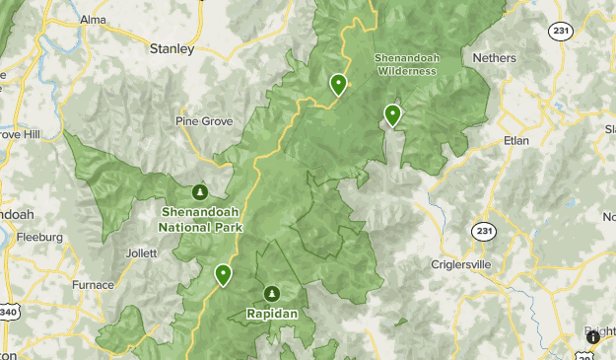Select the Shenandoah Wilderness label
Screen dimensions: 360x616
click(x=405, y=63)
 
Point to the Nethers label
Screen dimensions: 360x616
click(x=494, y=58)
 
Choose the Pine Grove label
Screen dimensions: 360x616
click(x=205, y=121)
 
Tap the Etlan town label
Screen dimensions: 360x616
click(x=516, y=140)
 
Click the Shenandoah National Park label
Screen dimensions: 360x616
click(x=200, y=219)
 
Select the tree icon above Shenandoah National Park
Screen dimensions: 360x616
click(x=200, y=191)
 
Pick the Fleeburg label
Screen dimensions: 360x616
click(x=39, y=237)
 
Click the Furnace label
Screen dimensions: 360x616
click(x=93, y=285)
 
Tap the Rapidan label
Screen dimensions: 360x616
click(x=271, y=314)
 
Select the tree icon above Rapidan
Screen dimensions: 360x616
click(x=271, y=293)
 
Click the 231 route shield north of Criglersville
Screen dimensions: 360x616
click(x=483, y=231)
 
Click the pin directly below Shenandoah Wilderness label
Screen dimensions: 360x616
click(x=392, y=115)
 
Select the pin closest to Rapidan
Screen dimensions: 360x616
click(x=224, y=274)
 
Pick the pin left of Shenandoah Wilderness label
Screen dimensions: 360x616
click(x=338, y=85)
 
